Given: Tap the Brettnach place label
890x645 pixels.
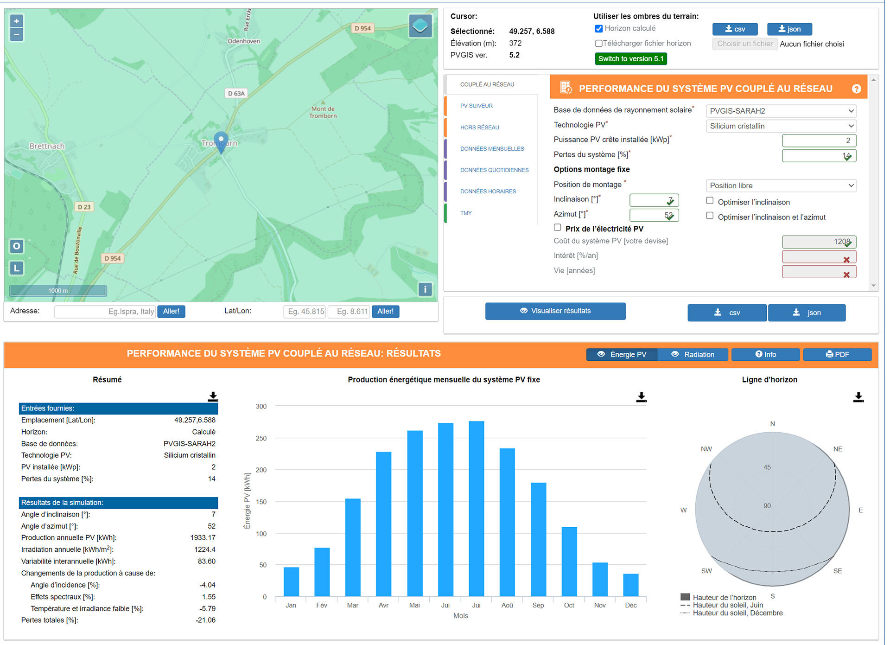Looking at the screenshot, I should pyautogui.click(x=47, y=146).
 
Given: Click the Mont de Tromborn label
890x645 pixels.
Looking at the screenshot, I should pyautogui.click(x=323, y=112).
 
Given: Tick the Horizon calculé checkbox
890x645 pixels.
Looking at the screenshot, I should pyautogui.click(x=599, y=29).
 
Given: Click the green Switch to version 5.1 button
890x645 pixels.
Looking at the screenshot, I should pyautogui.click(x=630, y=59).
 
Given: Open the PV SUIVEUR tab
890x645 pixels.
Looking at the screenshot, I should pyautogui.click(x=476, y=106).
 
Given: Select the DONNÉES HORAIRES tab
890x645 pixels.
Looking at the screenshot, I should pyautogui.click(x=488, y=192).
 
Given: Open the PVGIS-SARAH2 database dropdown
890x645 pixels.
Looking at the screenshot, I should pyautogui.click(x=781, y=111).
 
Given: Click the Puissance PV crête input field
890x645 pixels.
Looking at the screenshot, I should pyautogui.click(x=819, y=140).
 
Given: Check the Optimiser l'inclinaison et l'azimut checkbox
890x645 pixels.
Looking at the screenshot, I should pyautogui.click(x=710, y=216).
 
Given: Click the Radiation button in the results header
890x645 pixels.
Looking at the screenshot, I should pyautogui.click(x=693, y=355).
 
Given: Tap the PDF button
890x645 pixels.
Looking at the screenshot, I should pyautogui.click(x=837, y=355).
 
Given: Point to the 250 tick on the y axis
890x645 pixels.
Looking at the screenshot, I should pyautogui.click(x=261, y=438).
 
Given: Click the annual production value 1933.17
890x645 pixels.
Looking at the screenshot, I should pyautogui.click(x=203, y=538).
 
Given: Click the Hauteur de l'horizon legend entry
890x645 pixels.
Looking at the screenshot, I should pyautogui.click(x=724, y=598).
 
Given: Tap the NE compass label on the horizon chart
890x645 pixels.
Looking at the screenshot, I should pyautogui.click(x=838, y=449).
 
